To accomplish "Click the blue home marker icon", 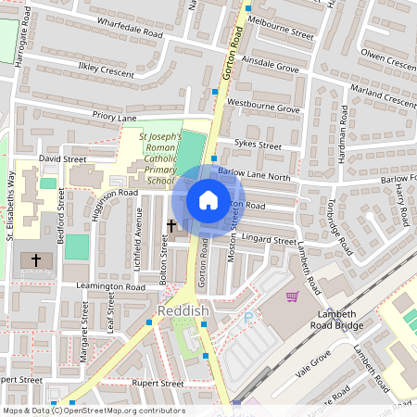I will coord(208,200).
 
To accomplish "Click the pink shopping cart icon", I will coord(293,297).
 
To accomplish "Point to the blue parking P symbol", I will coord(247,318).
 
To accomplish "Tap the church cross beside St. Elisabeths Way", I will coord(37,260).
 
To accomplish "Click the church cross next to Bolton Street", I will coord(171,225).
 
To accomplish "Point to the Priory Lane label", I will coord(114,116).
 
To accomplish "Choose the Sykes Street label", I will coord(258,145).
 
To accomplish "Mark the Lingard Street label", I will coord(269,241).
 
